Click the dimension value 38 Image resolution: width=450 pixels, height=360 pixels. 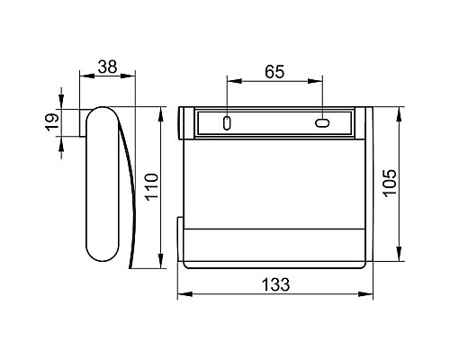107,67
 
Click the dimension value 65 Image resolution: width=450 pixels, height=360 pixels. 274,72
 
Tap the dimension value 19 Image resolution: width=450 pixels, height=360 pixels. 52,122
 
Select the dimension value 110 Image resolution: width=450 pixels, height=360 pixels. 151,187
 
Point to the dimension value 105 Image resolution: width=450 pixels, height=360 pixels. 390,183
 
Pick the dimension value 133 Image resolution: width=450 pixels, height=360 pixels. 276,284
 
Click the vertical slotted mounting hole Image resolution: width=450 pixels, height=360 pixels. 227,123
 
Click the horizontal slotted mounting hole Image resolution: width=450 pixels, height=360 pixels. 322,123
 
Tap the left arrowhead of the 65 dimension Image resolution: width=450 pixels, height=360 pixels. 234,81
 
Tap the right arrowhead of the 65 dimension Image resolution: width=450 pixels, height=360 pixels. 315,81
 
